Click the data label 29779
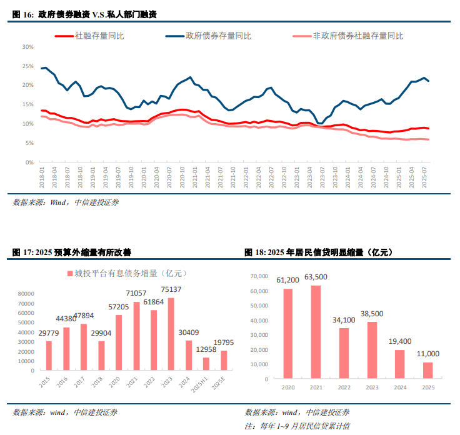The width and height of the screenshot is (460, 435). click(x=49, y=333)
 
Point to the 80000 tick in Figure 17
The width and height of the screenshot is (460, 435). click(x=26, y=294)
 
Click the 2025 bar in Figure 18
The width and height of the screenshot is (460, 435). click(x=427, y=371)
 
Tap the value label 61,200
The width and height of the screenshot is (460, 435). click(x=287, y=281)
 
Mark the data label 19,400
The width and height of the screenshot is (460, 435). click(x=399, y=342)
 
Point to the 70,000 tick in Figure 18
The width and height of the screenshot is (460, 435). click(x=258, y=276)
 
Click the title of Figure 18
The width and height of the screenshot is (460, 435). click(x=318, y=252)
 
